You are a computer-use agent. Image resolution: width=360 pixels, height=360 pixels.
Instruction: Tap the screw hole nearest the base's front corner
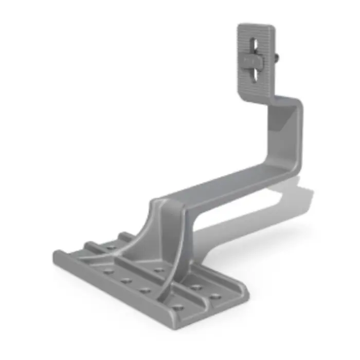coord(177,307)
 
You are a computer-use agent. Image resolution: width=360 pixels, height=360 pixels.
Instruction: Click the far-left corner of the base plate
coord(55,255)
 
